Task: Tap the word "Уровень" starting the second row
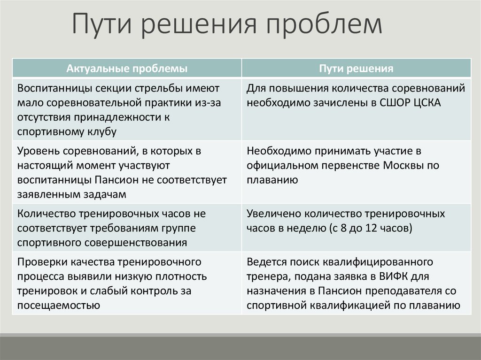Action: coord(38,151)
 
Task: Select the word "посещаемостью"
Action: coord(58,305)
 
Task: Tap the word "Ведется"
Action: coord(266,261)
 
